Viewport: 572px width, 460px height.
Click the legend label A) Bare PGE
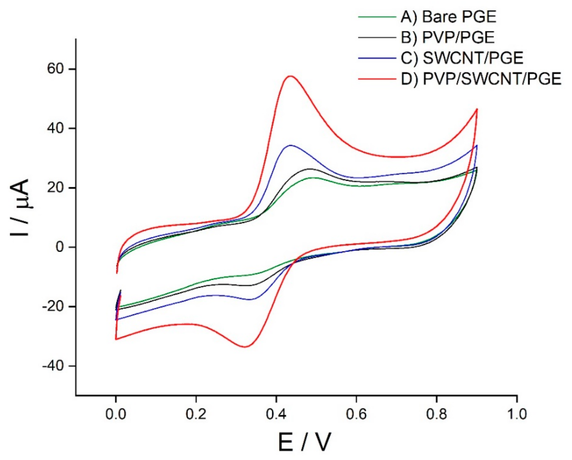click(448, 17)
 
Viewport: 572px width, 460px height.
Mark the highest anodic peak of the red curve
click(291, 76)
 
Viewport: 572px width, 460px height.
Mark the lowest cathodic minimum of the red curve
click(245, 347)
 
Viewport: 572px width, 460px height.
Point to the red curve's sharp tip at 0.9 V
click(477, 109)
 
